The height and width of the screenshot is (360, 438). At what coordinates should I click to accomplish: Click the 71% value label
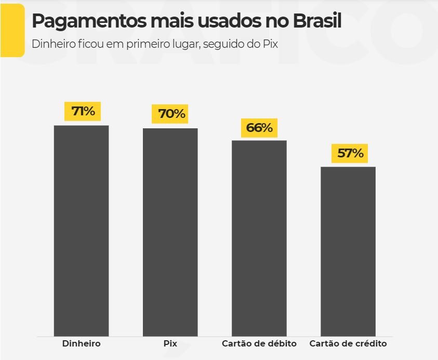(83, 111)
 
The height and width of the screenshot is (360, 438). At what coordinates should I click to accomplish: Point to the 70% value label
(171, 114)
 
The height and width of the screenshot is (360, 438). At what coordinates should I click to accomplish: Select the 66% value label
(259, 128)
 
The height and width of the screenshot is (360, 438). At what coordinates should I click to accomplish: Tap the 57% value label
(349, 153)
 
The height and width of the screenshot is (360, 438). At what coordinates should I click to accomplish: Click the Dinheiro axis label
(81, 344)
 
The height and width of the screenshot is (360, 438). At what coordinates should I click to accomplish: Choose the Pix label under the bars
(170, 344)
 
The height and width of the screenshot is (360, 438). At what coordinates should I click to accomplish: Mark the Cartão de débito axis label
(259, 344)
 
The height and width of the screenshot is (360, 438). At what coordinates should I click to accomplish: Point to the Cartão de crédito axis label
(348, 344)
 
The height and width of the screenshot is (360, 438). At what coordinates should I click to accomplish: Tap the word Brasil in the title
(317, 22)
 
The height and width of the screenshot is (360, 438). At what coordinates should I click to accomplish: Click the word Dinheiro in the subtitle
(52, 44)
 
